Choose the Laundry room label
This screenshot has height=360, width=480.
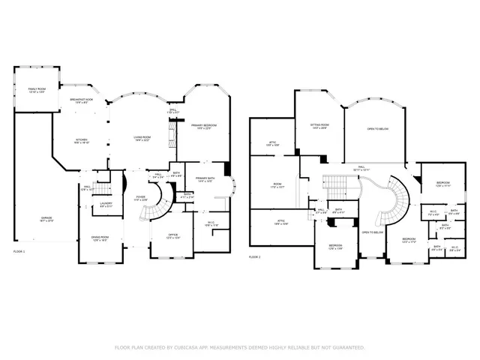(x=106, y=204)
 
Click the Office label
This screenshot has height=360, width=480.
(x=172, y=235)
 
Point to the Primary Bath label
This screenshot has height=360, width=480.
(x=205, y=179)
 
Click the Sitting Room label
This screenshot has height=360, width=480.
(x=320, y=126)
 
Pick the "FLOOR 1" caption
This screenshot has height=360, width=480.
(x=19, y=250)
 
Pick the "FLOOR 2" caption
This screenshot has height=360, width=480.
(x=255, y=257)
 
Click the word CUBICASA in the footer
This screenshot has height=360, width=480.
(x=193, y=347)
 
